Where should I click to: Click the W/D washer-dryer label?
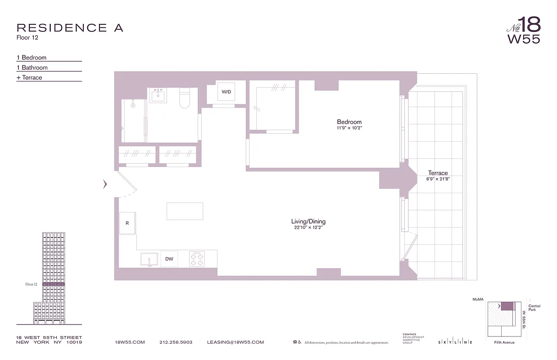click(226, 92)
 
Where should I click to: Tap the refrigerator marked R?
click(127, 223)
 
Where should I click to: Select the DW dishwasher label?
click(169, 259)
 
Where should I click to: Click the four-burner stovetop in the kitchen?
click(197, 259)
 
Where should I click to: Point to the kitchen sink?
click(149, 259)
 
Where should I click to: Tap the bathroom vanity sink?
click(158, 95)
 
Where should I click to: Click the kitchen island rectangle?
click(185, 211)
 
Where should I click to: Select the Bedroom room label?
click(349, 122)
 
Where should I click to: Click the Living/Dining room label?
click(308, 221)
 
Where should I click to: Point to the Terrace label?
click(438, 173)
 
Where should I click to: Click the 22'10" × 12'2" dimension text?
click(308, 228)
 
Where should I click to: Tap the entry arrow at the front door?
click(105, 184)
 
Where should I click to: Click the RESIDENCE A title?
click(70, 28)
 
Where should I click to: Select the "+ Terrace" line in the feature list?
click(30, 77)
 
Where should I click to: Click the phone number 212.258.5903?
click(176, 342)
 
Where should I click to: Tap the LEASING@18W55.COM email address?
click(235, 342)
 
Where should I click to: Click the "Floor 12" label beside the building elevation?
click(31, 284)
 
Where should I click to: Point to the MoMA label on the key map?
click(478, 299)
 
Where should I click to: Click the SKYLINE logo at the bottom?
click(455, 342)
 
